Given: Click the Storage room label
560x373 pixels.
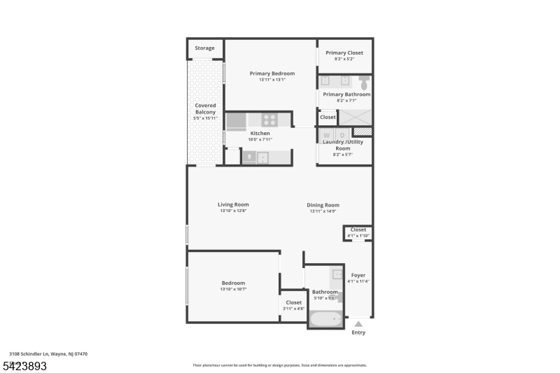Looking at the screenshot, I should [x=204, y=48].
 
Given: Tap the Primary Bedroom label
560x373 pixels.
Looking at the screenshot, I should [x=272, y=73].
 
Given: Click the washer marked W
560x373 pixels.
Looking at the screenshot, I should [x=327, y=134].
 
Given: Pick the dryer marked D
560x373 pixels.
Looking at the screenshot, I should [x=342, y=134].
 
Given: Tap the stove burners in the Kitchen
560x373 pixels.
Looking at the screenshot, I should [x=269, y=119].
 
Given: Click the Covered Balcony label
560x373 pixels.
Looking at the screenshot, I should [x=205, y=109].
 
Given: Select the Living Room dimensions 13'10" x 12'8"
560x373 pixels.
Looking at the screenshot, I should [x=233, y=211].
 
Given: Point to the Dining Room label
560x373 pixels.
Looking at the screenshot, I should [x=323, y=205].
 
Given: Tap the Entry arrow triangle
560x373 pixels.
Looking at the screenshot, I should [x=358, y=324].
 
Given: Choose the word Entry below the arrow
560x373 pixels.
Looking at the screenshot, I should [x=358, y=332].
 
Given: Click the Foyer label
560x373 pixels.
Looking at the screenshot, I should [x=358, y=276].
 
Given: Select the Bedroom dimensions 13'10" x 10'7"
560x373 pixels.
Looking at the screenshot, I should [x=233, y=289].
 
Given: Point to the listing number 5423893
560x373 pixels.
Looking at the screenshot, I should [x=24, y=365].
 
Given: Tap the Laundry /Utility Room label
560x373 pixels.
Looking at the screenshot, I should [x=342, y=145].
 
